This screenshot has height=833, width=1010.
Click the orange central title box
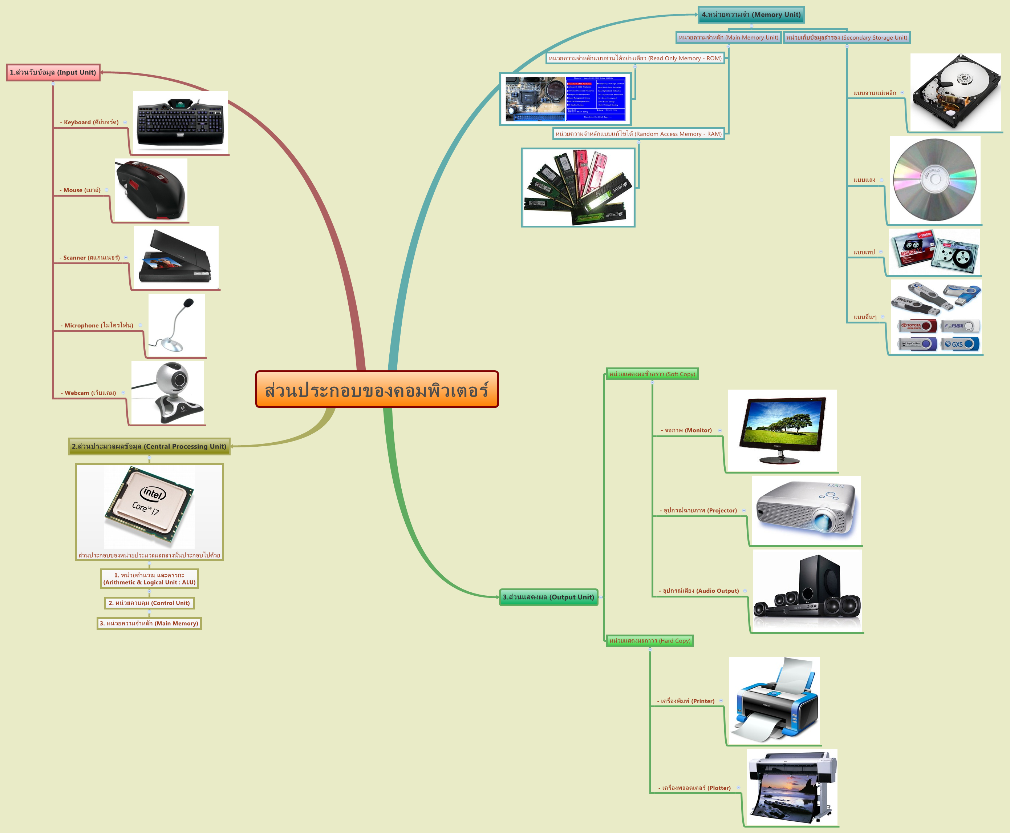[x=377, y=389]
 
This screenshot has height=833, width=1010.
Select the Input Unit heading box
[x=53, y=72]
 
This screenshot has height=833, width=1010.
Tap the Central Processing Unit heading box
[x=149, y=446]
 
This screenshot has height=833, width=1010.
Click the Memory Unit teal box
[x=751, y=15]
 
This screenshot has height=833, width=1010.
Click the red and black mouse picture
[x=151, y=190]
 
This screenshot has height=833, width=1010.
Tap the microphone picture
[x=177, y=325]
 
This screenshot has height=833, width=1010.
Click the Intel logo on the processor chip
[x=153, y=493]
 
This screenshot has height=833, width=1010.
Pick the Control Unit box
[x=149, y=603]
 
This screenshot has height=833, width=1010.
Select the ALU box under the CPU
[x=149, y=579]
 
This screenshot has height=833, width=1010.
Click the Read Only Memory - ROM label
[x=635, y=58]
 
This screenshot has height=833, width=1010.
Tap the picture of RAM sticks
[x=578, y=187]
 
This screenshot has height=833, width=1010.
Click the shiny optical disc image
[x=935, y=180]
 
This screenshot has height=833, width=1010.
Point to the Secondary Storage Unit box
[x=847, y=37]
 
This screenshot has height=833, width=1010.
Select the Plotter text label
[x=696, y=788]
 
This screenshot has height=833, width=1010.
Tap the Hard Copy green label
[x=649, y=641]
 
